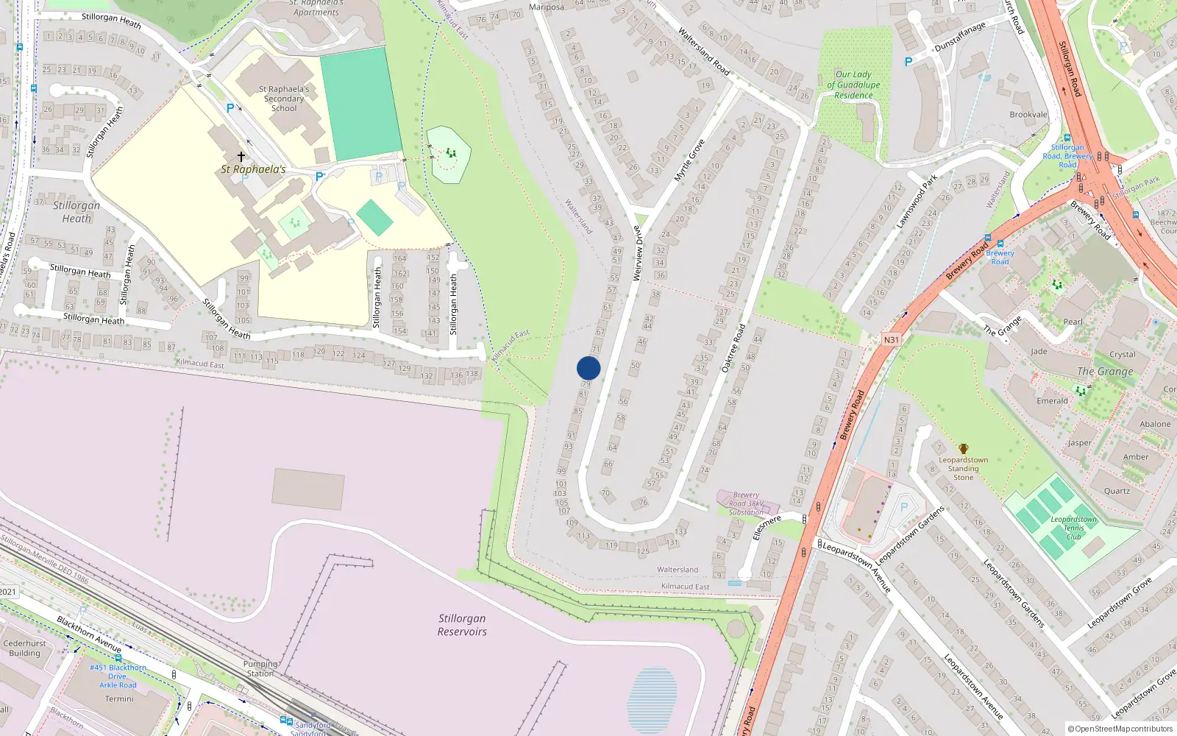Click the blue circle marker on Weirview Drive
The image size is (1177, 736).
pyautogui.click(x=588, y=368)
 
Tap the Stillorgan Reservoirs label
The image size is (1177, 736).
pyautogui.click(x=462, y=625)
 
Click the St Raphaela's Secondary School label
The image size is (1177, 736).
pyautogui.click(x=284, y=99)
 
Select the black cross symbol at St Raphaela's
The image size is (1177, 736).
pyautogui.click(x=241, y=157)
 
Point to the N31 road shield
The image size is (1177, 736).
pyautogui.click(x=891, y=339)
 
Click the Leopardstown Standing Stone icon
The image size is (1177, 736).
pyautogui.click(x=964, y=448)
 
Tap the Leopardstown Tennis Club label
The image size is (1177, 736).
pyautogui.click(x=1073, y=528)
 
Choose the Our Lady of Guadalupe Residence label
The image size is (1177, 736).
pyautogui.click(x=853, y=85)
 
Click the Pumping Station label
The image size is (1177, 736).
pyautogui.click(x=260, y=668)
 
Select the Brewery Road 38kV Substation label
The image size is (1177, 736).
pyautogui.click(x=746, y=503)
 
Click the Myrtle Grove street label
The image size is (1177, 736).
pyautogui.click(x=689, y=160)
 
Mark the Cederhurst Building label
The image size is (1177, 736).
pyautogui.click(x=24, y=648)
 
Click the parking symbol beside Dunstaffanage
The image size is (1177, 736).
pyautogui.click(x=908, y=63)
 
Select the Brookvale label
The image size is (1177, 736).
pyautogui.click(x=1028, y=115)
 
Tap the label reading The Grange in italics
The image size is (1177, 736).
pyautogui.click(x=1105, y=372)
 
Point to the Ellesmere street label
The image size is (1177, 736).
pyautogui.click(x=767, y=527)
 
